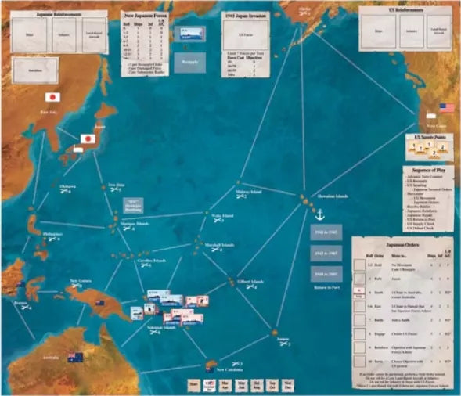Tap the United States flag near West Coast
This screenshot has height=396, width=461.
coord(446,107)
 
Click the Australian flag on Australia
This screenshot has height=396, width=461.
coord(75,357)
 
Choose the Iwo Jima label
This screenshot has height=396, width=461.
coord(116,185)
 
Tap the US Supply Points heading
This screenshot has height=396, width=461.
coord(424,136)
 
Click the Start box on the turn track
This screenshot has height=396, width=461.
coord(193,385)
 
